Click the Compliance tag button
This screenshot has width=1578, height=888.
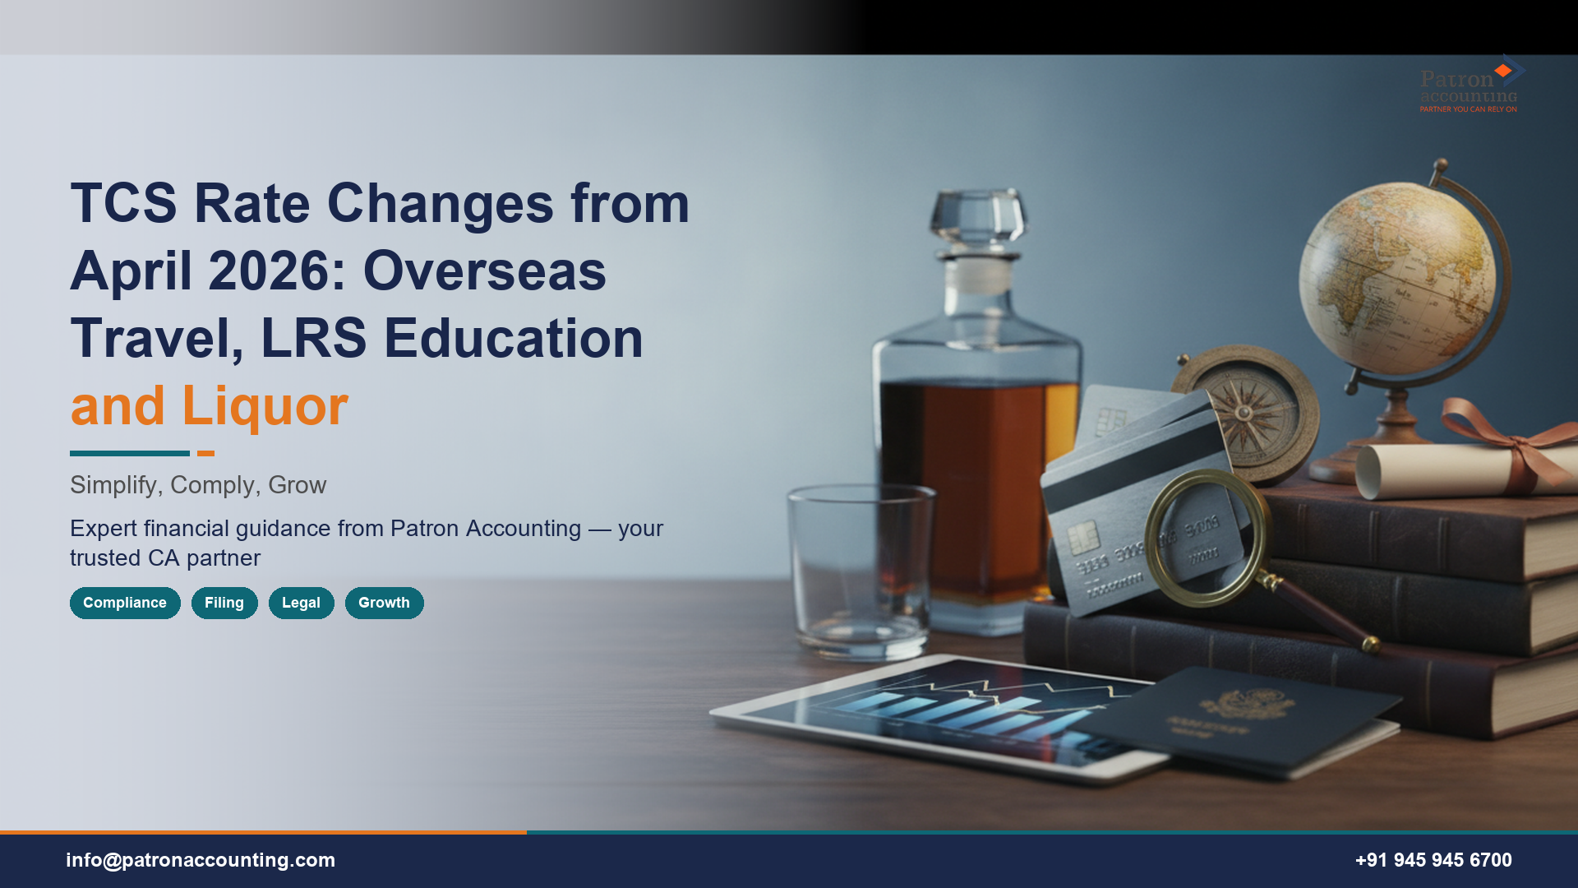tap(125, 603)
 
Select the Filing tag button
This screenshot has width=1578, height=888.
tap(224, 603)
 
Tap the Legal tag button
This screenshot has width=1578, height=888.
tap(301, 603)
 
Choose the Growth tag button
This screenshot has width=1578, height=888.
tap(384, 603)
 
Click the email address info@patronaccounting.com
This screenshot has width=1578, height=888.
tap(201, 860)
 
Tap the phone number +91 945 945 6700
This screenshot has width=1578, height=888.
tap(1433, 860)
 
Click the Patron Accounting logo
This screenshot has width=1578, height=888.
tap(1470, 86)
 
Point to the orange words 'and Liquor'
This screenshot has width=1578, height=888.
tap(210, 406)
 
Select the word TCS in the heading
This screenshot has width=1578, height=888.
tap(123, 204)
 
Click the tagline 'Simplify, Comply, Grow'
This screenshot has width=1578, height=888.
tap(198, 485)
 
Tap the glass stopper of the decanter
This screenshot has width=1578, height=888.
tap(978, 216)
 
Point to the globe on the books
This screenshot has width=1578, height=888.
tap(1397, 275)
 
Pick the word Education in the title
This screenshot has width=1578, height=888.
tap(514, 339)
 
